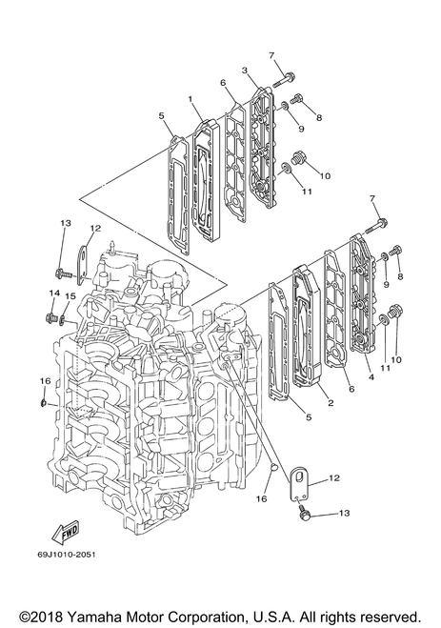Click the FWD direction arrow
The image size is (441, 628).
(x=65, y=532)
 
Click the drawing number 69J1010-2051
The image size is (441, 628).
(x=67, y=555)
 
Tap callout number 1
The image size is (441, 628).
(x=190, y=98)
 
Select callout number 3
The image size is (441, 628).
(x=245, y=71)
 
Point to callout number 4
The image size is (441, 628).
(x=371, y=376)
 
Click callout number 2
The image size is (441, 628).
(x=331, y=403)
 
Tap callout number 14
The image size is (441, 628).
(x=54, y=294)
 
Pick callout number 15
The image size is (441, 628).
(x=70, y=296)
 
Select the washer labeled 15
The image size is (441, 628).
(x=63, y=320)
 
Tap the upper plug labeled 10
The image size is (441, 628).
(x=299, y=158)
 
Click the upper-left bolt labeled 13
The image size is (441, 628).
(x=63, y=273)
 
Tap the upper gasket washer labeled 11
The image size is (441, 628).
(x=286, y=169)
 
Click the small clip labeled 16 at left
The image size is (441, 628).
(x=45, y=402)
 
